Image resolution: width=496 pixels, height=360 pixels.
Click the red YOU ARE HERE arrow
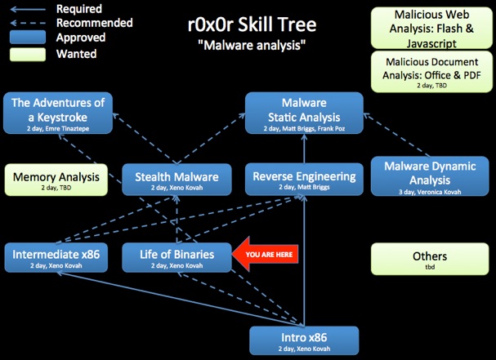point(265,254)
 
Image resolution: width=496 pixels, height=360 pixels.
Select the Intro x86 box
point(304,340)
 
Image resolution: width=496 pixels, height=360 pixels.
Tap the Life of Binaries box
point(177,258)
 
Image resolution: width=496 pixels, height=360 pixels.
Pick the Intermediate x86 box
point(56,258)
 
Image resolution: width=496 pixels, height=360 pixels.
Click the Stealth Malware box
point(177,180)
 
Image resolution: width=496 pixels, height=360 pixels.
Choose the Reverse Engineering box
point(304,180)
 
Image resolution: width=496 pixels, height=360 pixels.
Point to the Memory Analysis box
point(56,180)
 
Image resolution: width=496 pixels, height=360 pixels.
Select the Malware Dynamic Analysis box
point(430,176)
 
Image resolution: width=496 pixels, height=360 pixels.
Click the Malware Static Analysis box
point(304,113)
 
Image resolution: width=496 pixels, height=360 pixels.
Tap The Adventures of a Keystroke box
point(58,113)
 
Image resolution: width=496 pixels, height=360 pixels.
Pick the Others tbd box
point(430,259)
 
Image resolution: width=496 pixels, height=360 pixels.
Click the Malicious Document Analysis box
point(431,72)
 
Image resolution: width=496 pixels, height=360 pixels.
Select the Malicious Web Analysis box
point(431,28)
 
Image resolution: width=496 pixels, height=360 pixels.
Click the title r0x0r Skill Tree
point(252,24)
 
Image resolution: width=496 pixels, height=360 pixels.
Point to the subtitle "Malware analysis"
point(252,45)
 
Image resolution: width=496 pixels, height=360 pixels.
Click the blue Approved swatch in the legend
point(28,37)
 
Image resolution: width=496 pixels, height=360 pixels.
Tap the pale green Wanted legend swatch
point(28,55)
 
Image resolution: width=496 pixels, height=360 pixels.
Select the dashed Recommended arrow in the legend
point(28,23)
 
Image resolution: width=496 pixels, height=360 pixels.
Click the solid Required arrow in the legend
point(28,10)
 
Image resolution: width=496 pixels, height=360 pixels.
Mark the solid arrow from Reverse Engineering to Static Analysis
point(304,149)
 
